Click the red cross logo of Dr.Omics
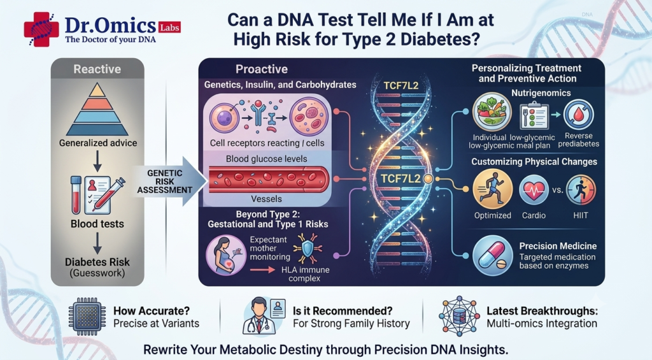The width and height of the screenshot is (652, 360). tap(41, 29)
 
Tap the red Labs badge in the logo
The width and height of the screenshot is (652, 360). tap(169, 28)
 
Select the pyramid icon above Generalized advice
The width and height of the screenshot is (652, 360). tap(97, 110)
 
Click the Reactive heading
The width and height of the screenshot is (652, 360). tap(97, 69)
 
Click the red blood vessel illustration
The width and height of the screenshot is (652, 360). tap(269, 180)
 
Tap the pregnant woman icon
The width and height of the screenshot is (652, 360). tap(227, 255)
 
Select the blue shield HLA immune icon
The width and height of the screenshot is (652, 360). tap(308, 248)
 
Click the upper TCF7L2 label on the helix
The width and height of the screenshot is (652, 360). tap(401, 86)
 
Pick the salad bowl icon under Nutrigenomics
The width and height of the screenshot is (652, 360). tap(492, 112)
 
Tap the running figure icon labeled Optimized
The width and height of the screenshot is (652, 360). tap(493, 189)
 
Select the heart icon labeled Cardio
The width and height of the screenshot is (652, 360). tap(534, 190)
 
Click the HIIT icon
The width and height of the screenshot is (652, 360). tap(581, 190)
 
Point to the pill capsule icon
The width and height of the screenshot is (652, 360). tap(492, 256)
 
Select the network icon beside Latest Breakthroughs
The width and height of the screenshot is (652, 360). tap(459, 316)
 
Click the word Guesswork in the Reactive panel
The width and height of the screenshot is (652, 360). tap(97, 273)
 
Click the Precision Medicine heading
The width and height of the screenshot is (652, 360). tap(558, 246)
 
